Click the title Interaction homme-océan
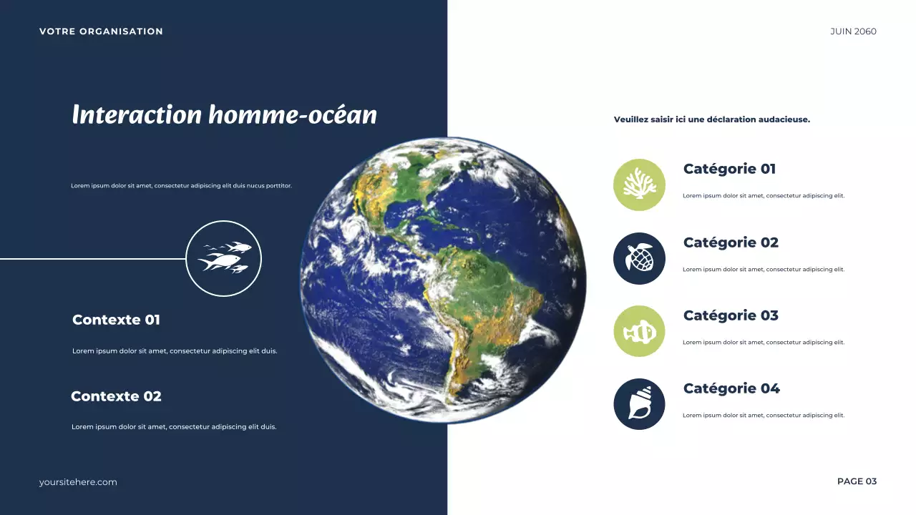click(x=224, y=115)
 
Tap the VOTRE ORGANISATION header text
click(x=101, y=31)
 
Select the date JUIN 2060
click(x=853, y=31)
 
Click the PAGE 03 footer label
click(x=857, y=481)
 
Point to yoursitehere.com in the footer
click(x=78, y=482)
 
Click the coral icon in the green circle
click(x=639, y=185)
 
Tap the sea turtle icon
click(x=639, y=258)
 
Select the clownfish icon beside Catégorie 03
click(x=639, y=331)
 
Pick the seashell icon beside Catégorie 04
click(x=639, y=404)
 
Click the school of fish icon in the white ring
click(x=224, y=258)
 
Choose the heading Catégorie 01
click(x=729, y=170)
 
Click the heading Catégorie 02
click(x=731, y=242)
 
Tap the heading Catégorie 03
click(x=731, y=315)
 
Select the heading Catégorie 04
click(x=731, y=388)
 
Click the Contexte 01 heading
click(x=116, y=320)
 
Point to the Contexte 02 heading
click(x=116, y=396)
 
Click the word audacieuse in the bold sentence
click(x=785, y=119)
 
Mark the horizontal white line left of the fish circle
click(x=93, y=259)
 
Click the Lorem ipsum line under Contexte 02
click(x=174, y=427)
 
